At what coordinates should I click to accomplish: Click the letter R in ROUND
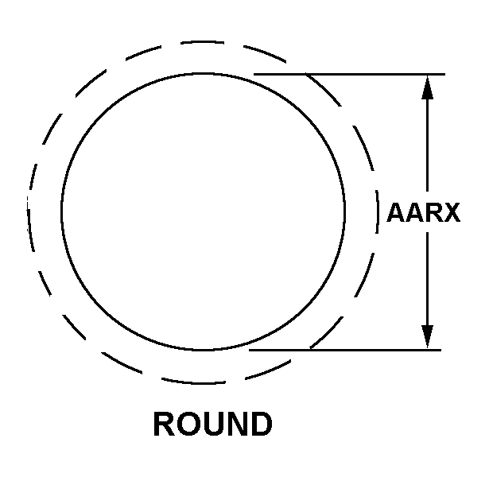coord(164,424)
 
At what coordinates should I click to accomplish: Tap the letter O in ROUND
coord(188,424)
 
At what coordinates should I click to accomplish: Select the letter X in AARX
coord(451,212)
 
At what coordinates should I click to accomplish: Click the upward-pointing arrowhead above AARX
coord(427,87)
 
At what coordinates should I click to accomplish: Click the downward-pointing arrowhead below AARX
coord(427,337)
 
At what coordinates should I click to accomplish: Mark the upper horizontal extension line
coord(349,74)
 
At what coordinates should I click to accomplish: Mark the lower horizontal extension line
coord(345,350)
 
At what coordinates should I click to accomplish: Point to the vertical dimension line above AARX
coord(427,133)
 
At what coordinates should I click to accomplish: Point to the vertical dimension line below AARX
coord(427,290)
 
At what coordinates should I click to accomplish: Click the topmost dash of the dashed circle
coord(203,41)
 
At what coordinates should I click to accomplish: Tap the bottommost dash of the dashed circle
coord(193,382)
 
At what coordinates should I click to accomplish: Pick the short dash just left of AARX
coord(378,212)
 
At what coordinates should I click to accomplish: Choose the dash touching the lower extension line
coord(328,332)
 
